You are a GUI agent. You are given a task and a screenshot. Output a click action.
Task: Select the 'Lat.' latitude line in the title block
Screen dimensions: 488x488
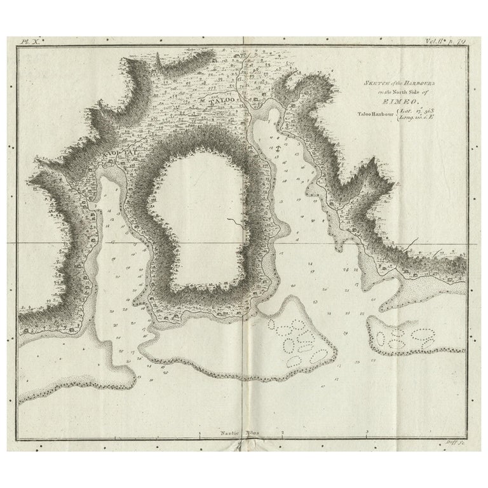coord(435,112)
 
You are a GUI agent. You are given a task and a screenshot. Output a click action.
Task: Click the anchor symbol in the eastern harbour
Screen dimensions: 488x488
coord(278,147)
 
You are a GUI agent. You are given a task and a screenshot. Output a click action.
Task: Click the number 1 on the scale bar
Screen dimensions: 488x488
coord(200,432)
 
